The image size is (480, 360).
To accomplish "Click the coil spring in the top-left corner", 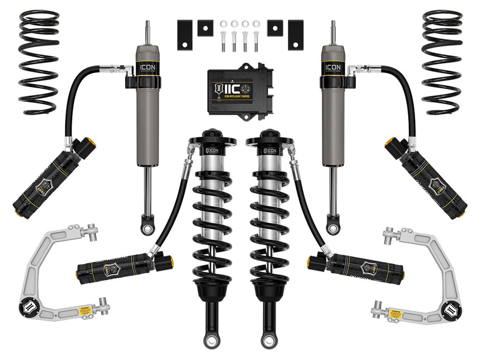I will point(39,61).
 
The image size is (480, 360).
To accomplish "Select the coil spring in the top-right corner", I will point(442,61).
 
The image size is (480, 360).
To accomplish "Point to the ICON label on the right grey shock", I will point(333,67).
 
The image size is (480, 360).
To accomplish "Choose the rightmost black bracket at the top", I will point(295,35).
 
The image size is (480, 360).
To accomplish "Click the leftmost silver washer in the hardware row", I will point(223,23).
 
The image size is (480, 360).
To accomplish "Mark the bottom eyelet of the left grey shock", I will point(148,225).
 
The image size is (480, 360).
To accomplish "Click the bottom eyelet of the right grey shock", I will point(333,225).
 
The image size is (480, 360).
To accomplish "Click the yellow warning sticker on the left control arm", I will point(86,310).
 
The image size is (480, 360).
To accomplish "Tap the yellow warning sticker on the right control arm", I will point(396,313).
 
